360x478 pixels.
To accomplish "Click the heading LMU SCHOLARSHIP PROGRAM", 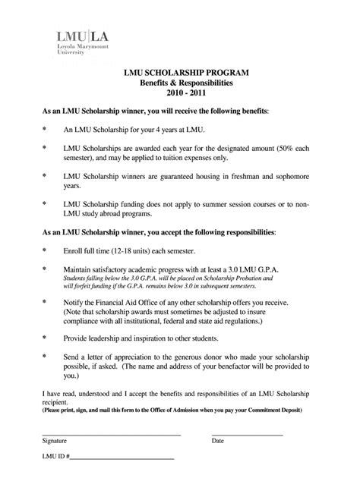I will [179, 71].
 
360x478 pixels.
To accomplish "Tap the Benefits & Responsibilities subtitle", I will [179, 82].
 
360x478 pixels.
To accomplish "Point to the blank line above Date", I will [247, 434].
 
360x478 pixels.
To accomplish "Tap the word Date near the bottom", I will [218, 441].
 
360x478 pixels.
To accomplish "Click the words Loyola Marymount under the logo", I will [79, 47].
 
